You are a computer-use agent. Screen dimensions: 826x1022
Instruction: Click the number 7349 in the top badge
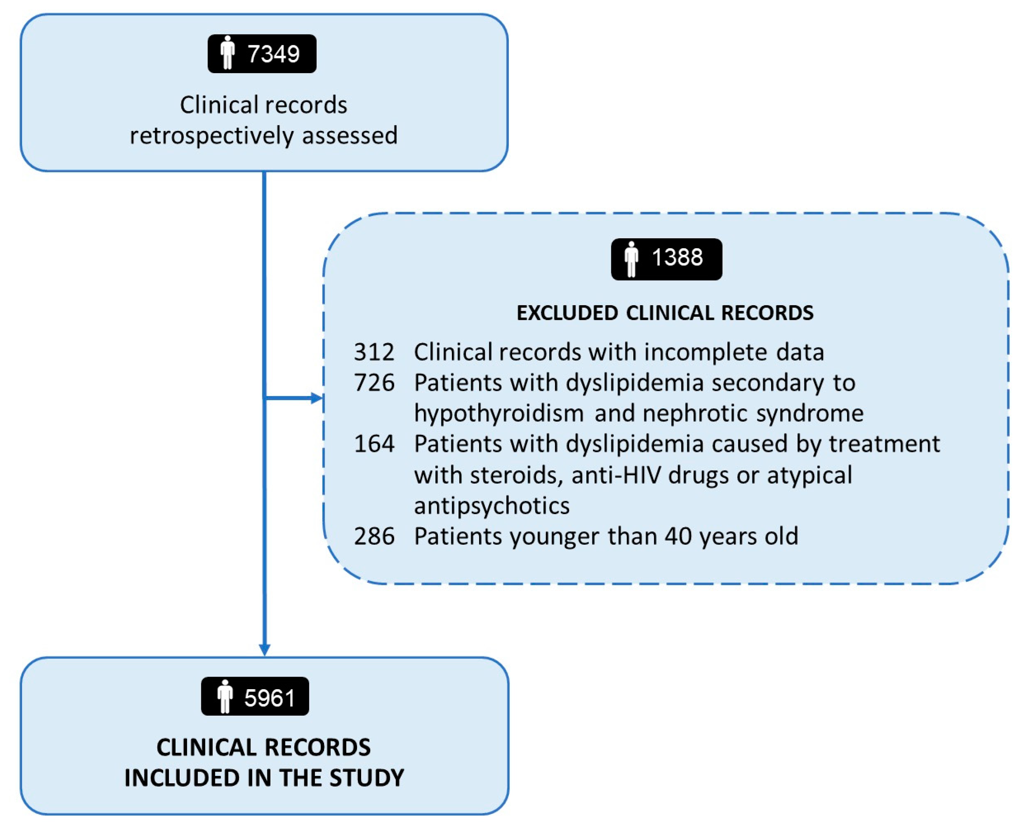point(273,54)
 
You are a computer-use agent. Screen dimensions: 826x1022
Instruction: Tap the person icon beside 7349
point(228,53)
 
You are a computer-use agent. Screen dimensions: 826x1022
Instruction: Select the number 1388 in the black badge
point(677,257)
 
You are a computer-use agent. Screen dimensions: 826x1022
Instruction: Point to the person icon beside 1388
point(631,259)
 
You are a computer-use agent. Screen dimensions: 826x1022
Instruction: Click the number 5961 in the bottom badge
point(270,698)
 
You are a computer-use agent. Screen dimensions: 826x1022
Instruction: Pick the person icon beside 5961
point(225,696)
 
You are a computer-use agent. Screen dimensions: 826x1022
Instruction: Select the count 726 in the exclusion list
point(374,383)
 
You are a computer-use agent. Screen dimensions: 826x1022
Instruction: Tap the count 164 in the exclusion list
point(374,444)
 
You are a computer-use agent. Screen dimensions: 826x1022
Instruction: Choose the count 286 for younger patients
point(374,536)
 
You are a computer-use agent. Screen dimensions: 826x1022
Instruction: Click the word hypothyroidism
point(499,413)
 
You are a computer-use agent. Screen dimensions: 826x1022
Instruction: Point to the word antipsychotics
point(492,505)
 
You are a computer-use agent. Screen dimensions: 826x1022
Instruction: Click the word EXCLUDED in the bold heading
point(566,313)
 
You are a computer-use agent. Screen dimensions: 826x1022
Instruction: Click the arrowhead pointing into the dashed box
point(317,398)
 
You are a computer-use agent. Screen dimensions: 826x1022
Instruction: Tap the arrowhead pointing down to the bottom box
point(264,649)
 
